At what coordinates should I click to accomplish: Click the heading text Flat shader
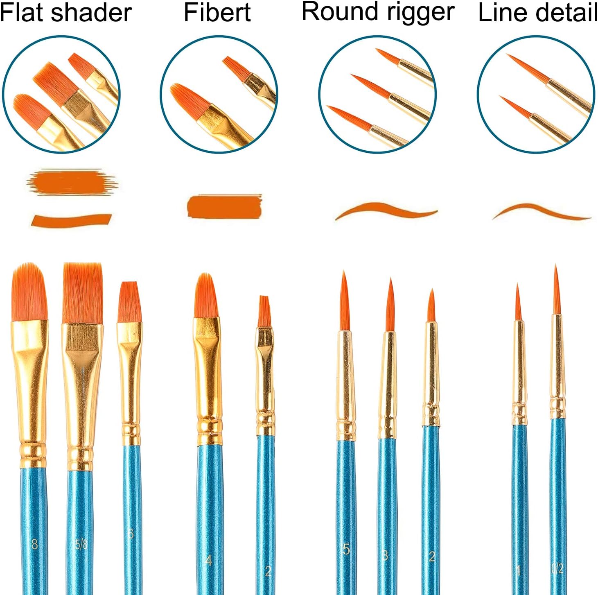pyautogui.click(x=65, y=12)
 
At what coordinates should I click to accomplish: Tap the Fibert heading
pyautogui.click(x=217, y=12)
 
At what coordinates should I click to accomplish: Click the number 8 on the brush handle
pyautogui.click(x=34, y=544)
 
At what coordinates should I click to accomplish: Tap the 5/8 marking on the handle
pyautogui.click(x=81, y=544)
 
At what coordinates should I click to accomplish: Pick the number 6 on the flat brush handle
pyautogui.click(x=131, y=534)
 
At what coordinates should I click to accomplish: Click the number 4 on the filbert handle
pyautogui.click(x=209, y=560)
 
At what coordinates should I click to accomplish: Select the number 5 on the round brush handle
pyautogui.click(x=346, y=549)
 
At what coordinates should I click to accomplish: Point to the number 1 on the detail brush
pyautogui.click(x=519, y=570)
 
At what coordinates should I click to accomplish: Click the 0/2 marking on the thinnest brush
pyautogui.click(x=557, y=568)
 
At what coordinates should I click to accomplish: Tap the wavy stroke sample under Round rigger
pyautogui.click(x=385, y=210)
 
